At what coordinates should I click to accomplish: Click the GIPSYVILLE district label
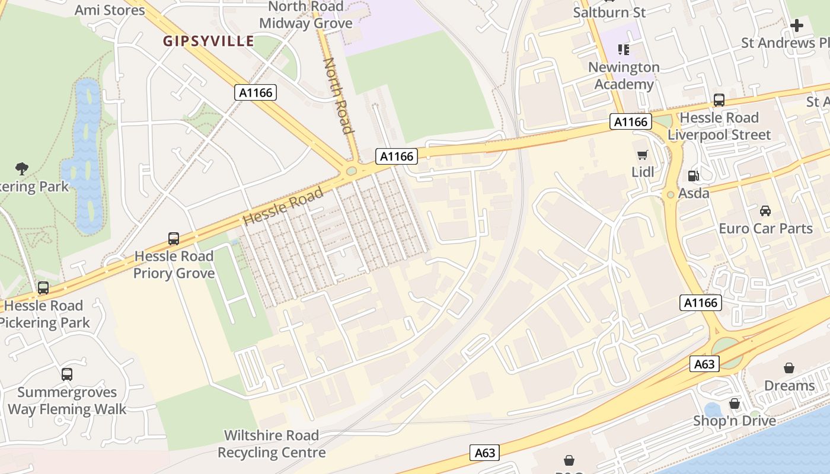click(x=208, y=41)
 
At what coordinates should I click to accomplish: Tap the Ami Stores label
click(x=110, y=10)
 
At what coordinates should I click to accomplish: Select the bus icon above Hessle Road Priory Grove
click(x=174, y=238)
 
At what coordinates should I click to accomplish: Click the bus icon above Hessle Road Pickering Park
click(x=43, y=288)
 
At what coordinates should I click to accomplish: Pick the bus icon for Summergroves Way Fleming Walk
click(x=67, y=374)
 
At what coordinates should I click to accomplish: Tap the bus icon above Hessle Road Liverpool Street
click(x=719, y=100)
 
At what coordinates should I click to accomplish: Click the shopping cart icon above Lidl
click(x=642, y=155)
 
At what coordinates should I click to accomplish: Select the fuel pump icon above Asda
click(x=692, y=176)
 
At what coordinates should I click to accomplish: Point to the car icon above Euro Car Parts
click(x=765, y=211)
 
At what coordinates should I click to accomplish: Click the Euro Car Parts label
click(x=765, y=228)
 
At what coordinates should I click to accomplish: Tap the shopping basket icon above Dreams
click(x=788, y=368)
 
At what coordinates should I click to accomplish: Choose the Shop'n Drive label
click(x=735, y=421)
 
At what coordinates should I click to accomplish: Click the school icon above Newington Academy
click(x=623, y=50)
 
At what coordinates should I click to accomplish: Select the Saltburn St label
click(x=609, y=12)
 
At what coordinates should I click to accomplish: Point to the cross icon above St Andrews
click(x=797, y=25)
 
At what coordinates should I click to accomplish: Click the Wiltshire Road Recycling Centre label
click(x=272, y=444)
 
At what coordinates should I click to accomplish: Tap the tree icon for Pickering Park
click(x=22, y=169)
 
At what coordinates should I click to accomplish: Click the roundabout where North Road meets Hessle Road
click(x=352, y=171)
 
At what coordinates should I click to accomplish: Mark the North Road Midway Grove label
click(x=306, y=15)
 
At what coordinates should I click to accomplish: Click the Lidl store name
click(x=643, y=172)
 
